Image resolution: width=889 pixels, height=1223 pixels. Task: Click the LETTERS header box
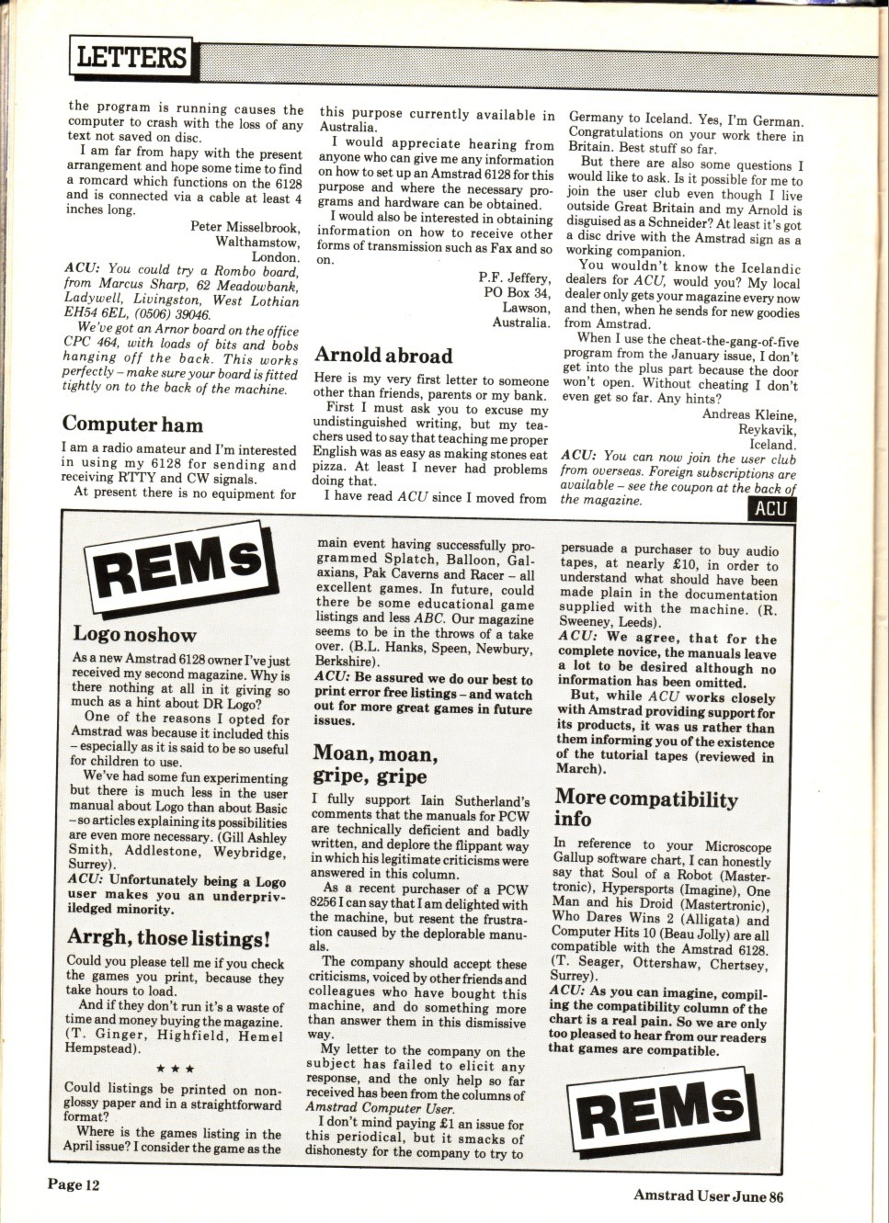pos(131,57)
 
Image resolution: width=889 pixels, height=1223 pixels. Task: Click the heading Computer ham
pos(132,425)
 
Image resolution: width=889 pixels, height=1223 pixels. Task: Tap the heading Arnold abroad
pos(383,356)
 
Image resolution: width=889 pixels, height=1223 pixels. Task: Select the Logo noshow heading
pos(135,635)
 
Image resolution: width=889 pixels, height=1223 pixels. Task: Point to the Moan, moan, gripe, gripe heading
pos(374,764)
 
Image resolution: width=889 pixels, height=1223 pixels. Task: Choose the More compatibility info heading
pos(645,809)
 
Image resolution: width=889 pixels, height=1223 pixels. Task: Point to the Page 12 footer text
pos(74,1184)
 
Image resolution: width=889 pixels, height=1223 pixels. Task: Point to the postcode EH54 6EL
pos(93,313)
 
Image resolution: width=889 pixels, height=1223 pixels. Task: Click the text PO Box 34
pos(518,293)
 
